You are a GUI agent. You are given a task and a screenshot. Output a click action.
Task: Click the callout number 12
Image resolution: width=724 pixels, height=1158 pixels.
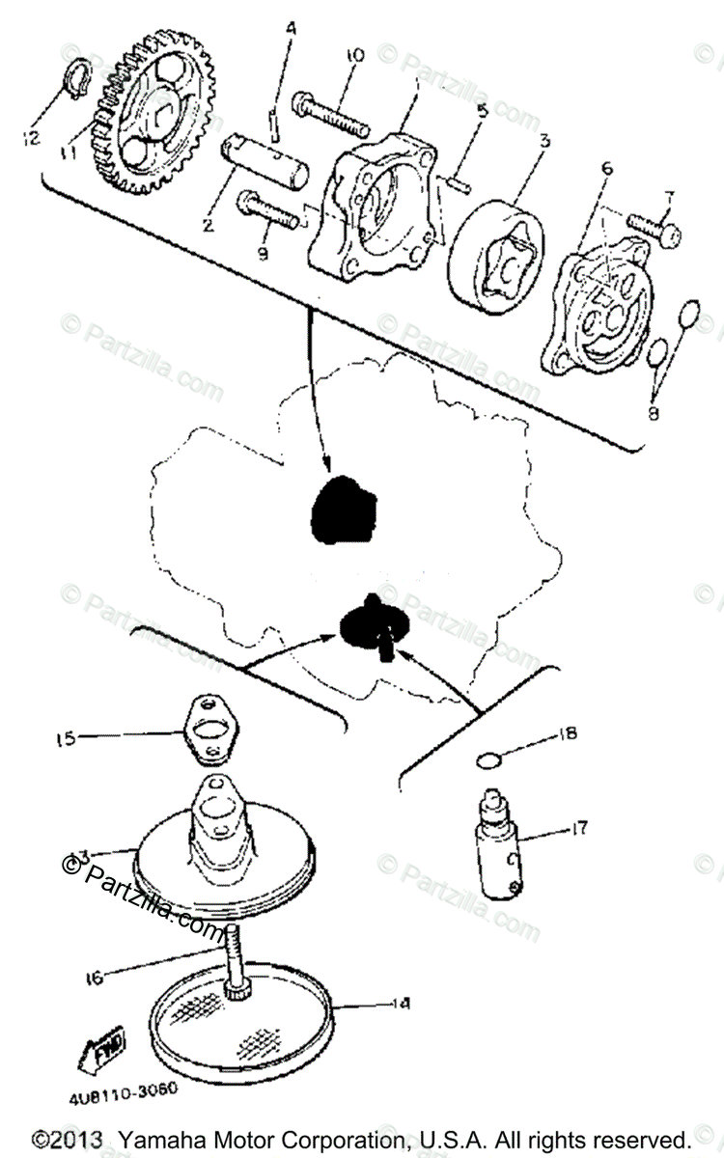(32, 138)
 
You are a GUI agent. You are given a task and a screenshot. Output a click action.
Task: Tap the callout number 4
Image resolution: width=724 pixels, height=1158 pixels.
(290, 29)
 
